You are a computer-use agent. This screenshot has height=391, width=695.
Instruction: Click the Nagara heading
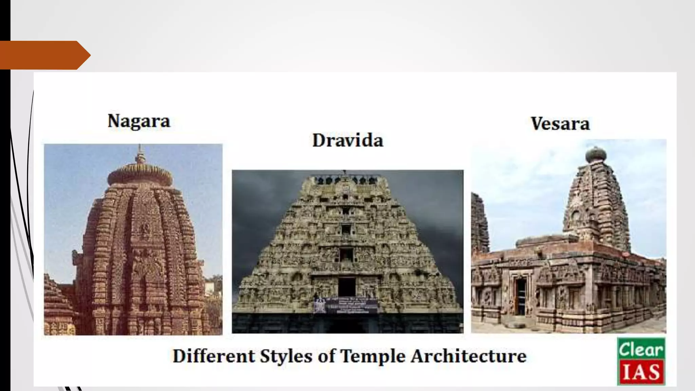point(139,121)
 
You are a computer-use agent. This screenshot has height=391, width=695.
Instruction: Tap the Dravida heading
point(347,141)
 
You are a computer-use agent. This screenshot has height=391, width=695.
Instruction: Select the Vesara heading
point(560,124)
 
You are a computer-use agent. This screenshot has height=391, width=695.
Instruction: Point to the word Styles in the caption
point(286,356)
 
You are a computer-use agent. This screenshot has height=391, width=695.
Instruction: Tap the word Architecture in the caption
point(468,356)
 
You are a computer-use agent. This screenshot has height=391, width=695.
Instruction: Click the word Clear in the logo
point(641,349)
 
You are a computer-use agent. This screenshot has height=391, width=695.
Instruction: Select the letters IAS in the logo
point(641,372)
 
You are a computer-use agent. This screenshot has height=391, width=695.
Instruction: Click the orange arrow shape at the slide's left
point(44,55)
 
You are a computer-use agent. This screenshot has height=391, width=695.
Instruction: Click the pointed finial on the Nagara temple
point(140,154)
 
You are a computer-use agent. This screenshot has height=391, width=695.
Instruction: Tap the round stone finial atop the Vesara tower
point(596,154)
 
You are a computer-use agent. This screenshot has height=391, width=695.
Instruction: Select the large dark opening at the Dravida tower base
point(347,287)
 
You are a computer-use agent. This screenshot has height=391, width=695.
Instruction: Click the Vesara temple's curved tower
point(596,207)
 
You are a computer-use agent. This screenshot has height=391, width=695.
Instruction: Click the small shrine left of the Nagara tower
point(56,305)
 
